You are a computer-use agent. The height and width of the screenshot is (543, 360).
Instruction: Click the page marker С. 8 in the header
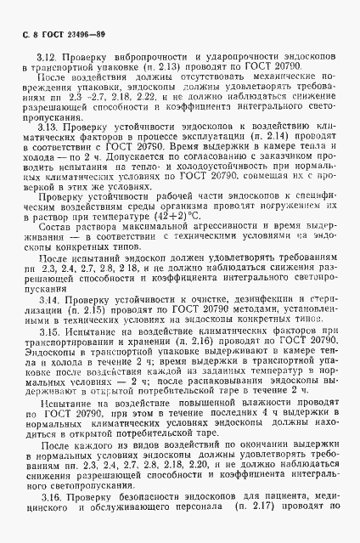coord(23,35)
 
